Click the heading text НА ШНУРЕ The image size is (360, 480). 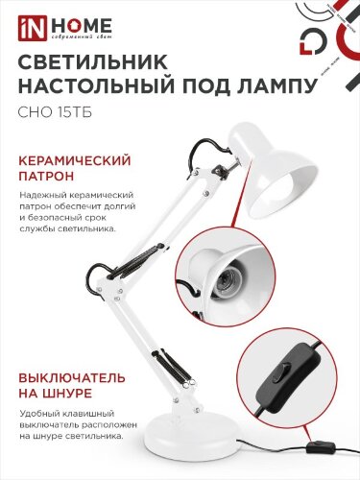click(x=54, y=393)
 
